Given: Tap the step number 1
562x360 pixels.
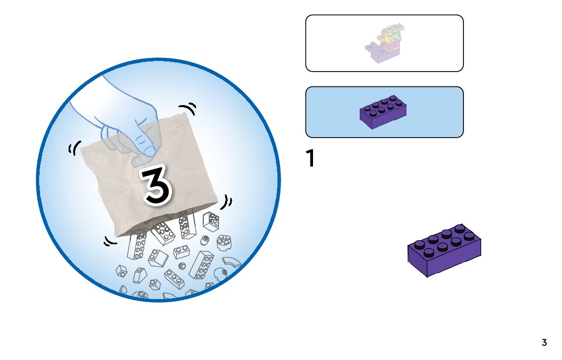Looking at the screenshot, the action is pos(310,159).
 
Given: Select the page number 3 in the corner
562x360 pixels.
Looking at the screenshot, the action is pos(544,343).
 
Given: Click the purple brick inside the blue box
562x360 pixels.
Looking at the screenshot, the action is pos(383,111).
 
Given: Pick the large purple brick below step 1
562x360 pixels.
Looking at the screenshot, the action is pos(445,250).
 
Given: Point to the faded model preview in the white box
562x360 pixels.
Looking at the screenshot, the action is pos(384,43).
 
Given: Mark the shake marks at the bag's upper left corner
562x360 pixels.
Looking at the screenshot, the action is pos(74,148).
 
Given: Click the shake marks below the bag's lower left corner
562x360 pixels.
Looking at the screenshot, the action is pos(110,241).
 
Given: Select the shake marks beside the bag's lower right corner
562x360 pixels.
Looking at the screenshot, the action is pos(227,202).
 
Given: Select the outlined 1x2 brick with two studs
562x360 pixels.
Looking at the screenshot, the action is pos(181,251).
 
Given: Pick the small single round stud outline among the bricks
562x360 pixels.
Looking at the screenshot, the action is pos(182,266).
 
